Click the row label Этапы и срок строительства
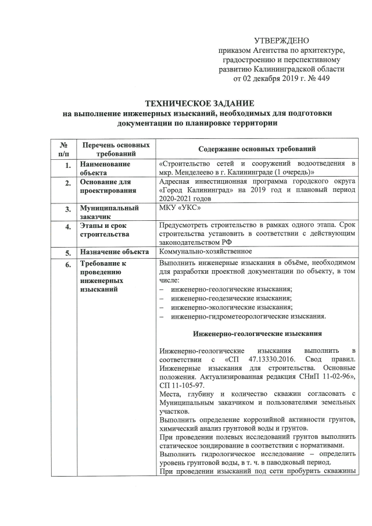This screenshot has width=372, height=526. pos(106,230)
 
